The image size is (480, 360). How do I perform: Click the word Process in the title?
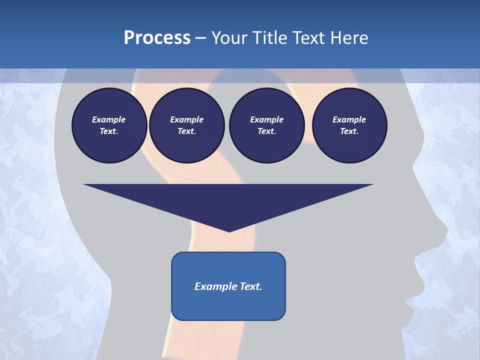157,38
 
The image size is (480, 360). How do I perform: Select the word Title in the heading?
272,38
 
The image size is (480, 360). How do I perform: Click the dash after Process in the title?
200,38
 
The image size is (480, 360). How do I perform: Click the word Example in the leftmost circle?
109,119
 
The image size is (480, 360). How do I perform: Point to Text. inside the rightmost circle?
349,131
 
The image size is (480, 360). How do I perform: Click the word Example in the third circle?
266,119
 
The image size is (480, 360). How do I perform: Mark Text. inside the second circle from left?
187,131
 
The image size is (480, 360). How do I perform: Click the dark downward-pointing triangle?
228,200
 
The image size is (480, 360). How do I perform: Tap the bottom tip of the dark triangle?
229,231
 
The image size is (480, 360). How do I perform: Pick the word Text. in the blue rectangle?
249,286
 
